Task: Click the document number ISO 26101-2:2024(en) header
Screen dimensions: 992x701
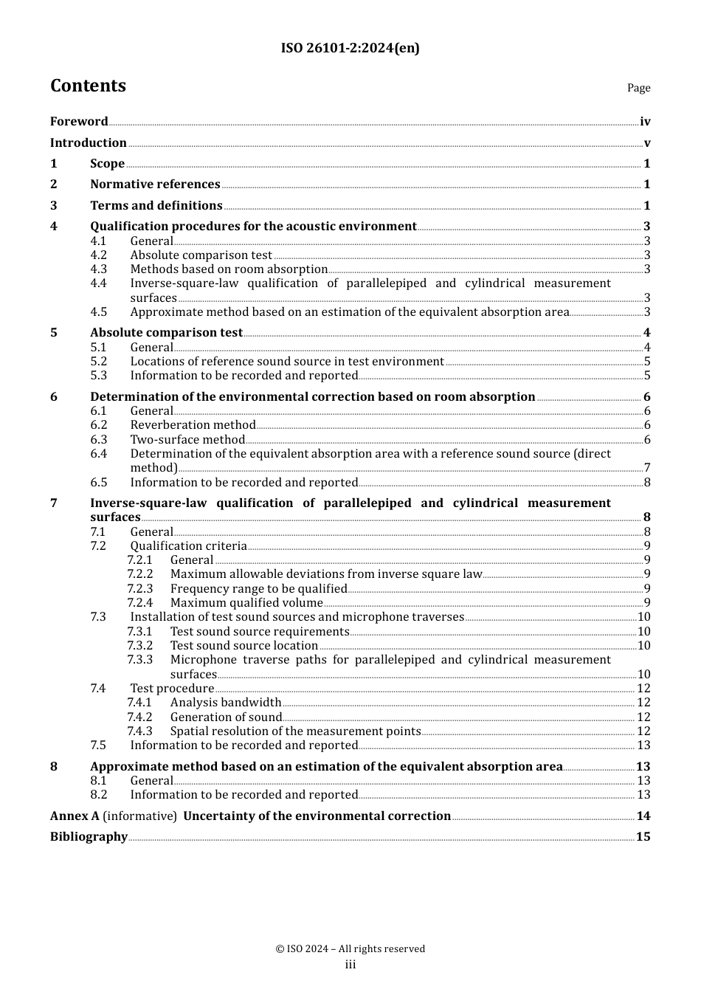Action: [x=350, y=49]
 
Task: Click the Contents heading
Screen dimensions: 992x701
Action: [x=88, y=86]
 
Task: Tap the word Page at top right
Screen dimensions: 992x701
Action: [x=638, y=88]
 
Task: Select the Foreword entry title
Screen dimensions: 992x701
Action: [x=79, y=122]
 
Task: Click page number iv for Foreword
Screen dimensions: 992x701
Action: [x=645, y=122]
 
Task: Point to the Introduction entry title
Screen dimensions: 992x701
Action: [x=89, y=143]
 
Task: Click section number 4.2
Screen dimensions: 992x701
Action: [x=98, y=255]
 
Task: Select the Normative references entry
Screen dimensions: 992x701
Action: [x=155, y=185]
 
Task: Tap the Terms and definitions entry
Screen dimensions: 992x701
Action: [x=156, y=206]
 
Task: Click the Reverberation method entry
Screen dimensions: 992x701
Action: [x=193, y=425]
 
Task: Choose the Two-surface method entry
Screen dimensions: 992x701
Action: [x=187, y=440]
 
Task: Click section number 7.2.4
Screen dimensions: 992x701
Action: [x=139, y=603]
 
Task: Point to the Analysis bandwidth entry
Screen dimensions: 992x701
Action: [x=226, y=703]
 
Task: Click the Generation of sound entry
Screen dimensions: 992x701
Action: [x=226, y=717]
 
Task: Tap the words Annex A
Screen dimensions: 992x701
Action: [x=75, y=816]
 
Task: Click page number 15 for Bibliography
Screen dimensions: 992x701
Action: [x=643, y=837]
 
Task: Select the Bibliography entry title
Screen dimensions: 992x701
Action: [x=89, y=837]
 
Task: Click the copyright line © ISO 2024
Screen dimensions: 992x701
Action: [x=350, y=949]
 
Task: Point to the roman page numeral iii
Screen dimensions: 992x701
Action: [x=350, y=965]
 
